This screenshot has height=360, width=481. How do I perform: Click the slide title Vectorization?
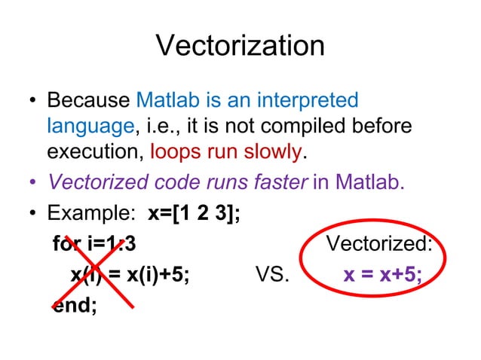point(240,47)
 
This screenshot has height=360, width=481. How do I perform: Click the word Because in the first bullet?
point(89,100)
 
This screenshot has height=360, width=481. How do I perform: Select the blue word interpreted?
point(309,100)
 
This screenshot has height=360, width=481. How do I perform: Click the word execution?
point(95,151)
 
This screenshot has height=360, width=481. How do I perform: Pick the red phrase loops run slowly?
point(226,151)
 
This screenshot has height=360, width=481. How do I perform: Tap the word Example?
point(89,215)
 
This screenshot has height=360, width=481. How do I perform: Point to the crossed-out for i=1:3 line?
point(95,245)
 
